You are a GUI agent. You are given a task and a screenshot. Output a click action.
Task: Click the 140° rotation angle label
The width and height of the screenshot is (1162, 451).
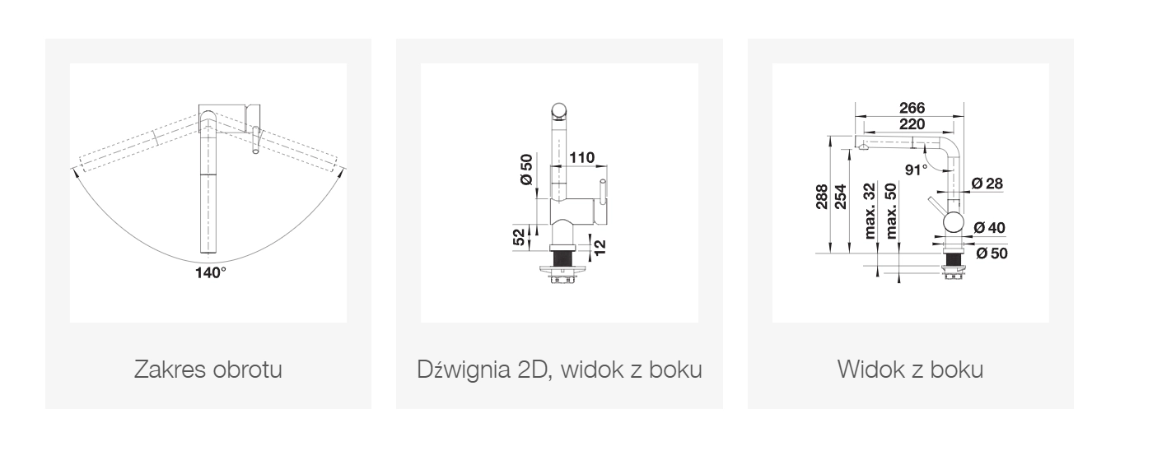(x=211, y=272)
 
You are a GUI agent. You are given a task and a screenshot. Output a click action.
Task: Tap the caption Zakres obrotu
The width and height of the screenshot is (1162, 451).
(x=208, y=369)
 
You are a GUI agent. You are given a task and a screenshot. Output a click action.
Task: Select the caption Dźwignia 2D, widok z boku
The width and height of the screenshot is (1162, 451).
(x=559, y=369)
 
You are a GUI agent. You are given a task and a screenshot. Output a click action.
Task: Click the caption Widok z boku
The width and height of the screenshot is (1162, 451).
(x=910, y=369)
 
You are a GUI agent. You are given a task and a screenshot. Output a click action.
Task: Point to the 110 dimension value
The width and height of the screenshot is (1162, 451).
(x=582, y=157)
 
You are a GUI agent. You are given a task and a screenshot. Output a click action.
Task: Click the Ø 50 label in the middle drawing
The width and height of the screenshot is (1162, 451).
(x=526, y=169)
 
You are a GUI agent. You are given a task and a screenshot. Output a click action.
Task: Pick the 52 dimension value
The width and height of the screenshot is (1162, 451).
(x=520, y=237)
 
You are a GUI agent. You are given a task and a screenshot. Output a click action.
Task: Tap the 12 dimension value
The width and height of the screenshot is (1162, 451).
(x=600, y=247)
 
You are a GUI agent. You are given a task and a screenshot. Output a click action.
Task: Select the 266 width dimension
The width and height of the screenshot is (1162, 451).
(x=912, y=107)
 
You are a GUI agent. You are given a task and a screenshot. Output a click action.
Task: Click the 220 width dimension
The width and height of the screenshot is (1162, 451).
(x=912, y=124)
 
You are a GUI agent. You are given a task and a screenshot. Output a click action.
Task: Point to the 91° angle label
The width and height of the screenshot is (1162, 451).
(x=916, y=170)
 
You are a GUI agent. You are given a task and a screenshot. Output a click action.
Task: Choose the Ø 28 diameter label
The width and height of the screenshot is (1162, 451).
(x=987, y=183)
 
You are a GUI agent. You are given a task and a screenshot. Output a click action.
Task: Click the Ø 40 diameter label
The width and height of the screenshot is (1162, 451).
(x=989, y=228)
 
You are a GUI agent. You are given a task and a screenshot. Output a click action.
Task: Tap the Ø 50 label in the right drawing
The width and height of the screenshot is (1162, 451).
(x=992, y=253)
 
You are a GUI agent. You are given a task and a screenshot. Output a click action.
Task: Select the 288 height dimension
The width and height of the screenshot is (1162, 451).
(x=822, y=197)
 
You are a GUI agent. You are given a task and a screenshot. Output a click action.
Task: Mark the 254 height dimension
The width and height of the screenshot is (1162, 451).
(x=840, y=197)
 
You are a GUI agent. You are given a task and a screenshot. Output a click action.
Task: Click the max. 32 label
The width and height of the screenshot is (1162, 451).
(x=870, y=211)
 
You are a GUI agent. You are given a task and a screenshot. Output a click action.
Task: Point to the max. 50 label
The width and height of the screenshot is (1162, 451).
(x=891, y=211)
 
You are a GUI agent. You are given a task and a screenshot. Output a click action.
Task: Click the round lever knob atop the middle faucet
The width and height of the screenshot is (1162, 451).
(x=559, y=110)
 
